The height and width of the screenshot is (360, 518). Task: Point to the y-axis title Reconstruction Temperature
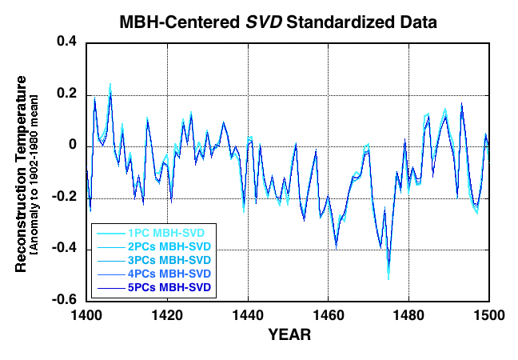(22, 173)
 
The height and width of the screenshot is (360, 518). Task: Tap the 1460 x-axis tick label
(328, 314)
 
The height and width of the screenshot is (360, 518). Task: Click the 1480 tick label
(408, 314)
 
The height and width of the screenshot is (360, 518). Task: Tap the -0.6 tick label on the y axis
(64, 301)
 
